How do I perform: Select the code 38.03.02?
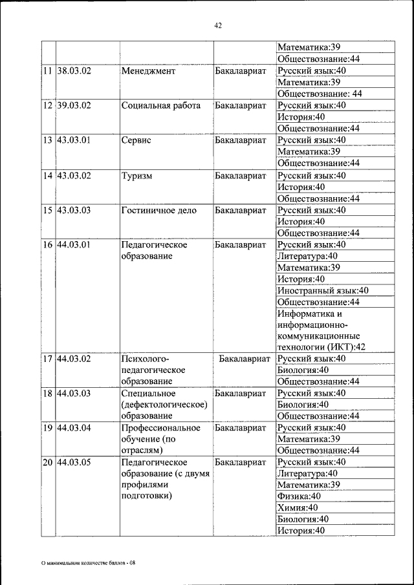(74, 71)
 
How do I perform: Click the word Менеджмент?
(148, 71)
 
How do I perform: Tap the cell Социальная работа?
(160, 105)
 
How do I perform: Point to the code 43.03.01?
(74, 140)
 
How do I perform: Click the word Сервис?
(136, 140)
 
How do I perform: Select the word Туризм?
(137, 176)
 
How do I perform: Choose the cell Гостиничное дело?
(159, 211)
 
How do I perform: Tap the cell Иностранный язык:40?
(323, 291)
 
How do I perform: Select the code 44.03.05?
(74, 462)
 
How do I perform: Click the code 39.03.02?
(74, 105)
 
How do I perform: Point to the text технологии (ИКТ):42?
(321, 347)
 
